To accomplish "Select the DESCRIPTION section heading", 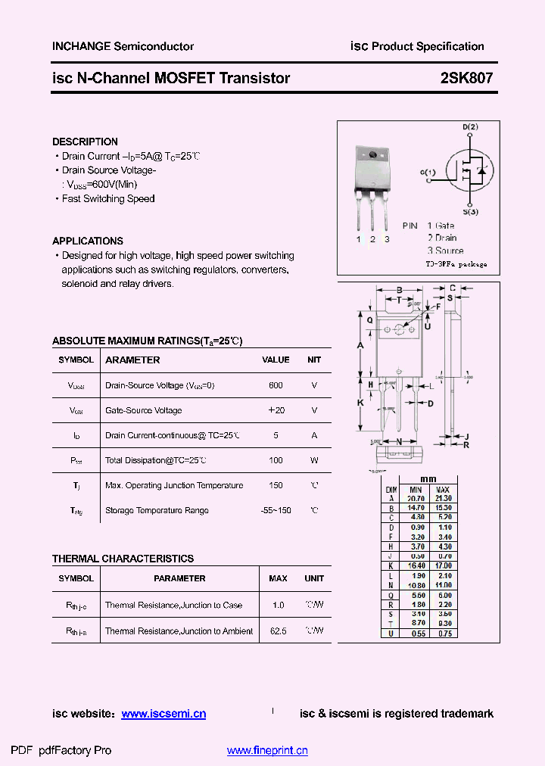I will [85, 142].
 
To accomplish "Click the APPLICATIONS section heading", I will [88, 241].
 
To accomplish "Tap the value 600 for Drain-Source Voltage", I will [276, 385].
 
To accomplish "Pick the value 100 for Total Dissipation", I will [276, 460].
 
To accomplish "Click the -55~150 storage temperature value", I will [276, 510].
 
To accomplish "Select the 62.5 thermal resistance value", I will [278, 631].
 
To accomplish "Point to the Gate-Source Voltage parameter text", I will [143, 410].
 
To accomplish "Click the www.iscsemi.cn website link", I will [163, 714].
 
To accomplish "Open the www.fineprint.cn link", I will [267, 751].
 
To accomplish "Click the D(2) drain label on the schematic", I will [470, 126].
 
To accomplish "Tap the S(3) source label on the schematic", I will [470, 212].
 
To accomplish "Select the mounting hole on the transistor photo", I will [372, 156].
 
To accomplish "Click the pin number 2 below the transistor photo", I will [372, 239].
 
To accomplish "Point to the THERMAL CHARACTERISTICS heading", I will [123, 559].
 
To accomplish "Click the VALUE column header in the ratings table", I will [276, 360].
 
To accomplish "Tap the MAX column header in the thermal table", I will [278, 578].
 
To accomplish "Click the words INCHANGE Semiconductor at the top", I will [123, 46].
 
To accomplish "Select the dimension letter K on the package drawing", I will [361, 403].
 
